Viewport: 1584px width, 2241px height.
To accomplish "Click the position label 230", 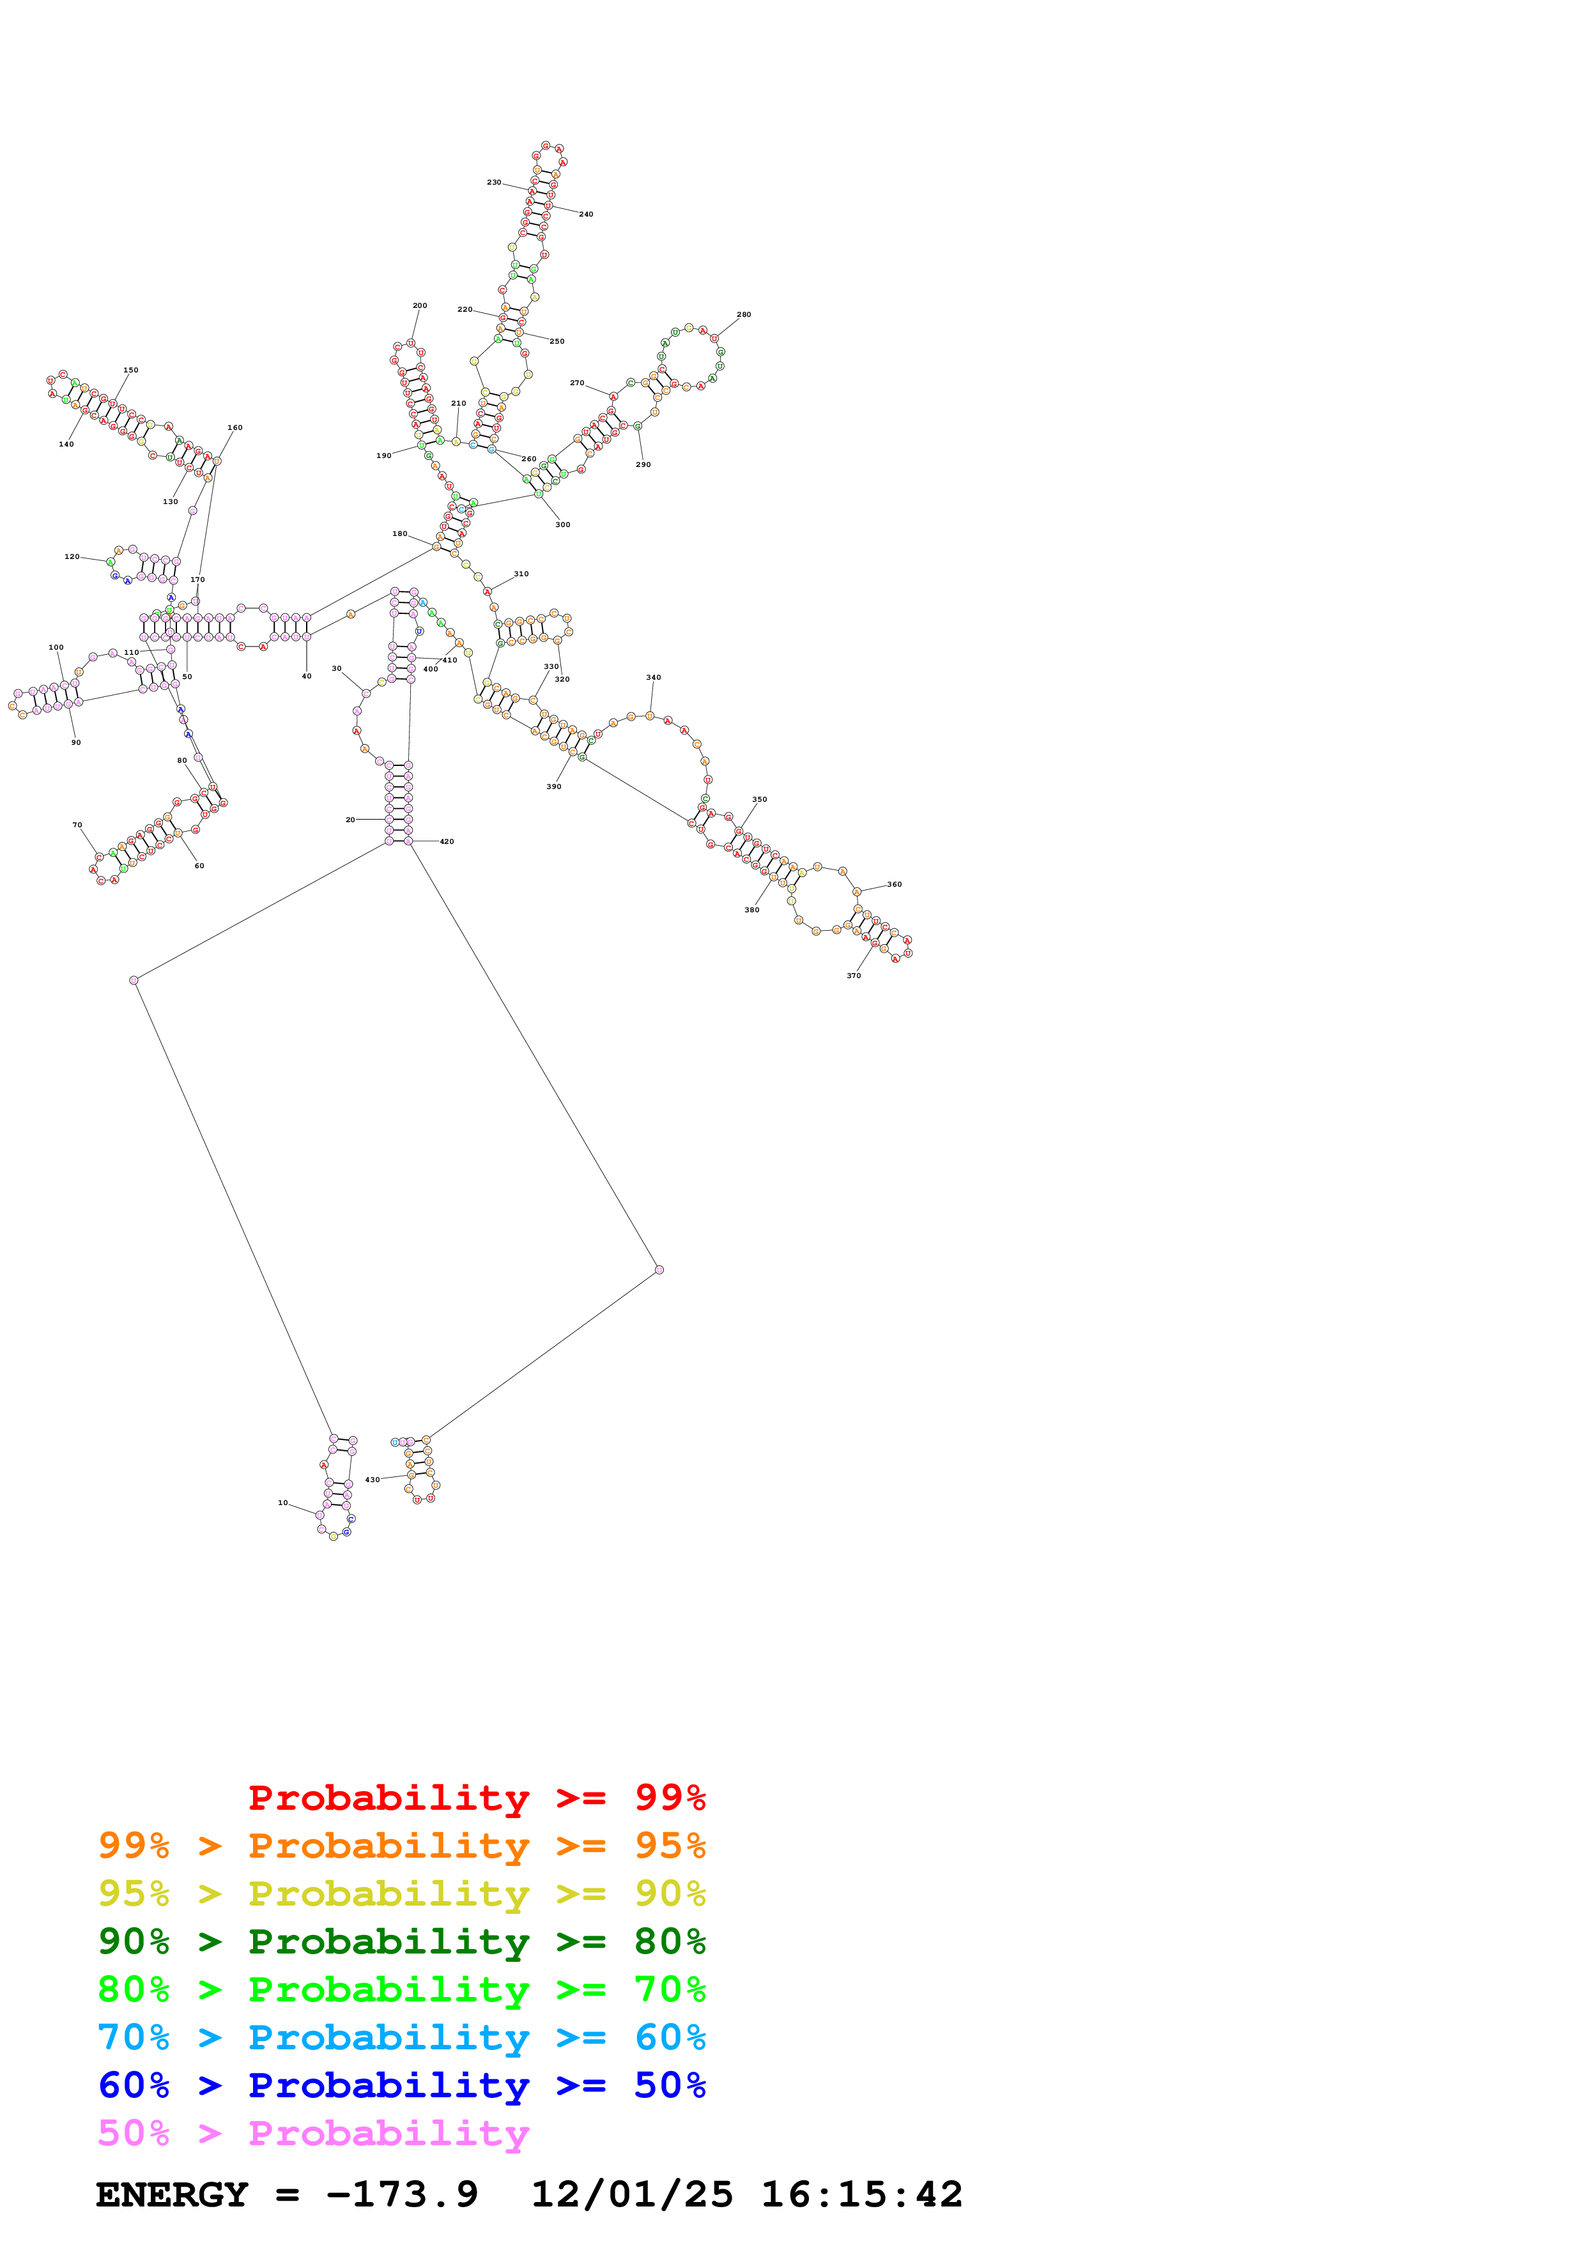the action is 494,183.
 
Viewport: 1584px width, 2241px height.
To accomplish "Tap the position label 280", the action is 744,314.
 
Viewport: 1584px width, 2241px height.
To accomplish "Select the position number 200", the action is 420,305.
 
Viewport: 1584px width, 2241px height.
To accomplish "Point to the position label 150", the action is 131,370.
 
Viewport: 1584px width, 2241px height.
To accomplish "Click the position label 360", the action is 894,884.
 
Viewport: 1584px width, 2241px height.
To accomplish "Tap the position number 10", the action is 283,1503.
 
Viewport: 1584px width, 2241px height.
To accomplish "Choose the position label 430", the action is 372,1480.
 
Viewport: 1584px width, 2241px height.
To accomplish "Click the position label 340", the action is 653,677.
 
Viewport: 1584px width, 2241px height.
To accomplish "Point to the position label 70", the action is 77,825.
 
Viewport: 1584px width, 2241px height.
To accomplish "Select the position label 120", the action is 72,556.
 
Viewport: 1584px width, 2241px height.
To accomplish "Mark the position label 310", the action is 521,574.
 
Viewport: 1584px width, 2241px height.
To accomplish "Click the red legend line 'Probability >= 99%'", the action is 476,1797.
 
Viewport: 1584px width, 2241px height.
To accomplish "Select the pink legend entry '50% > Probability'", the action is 313,2132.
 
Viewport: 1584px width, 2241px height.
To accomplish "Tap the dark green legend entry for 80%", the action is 401,1940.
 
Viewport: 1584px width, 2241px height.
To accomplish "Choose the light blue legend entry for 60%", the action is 401,2037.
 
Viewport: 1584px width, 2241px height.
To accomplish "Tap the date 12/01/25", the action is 631,2194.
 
